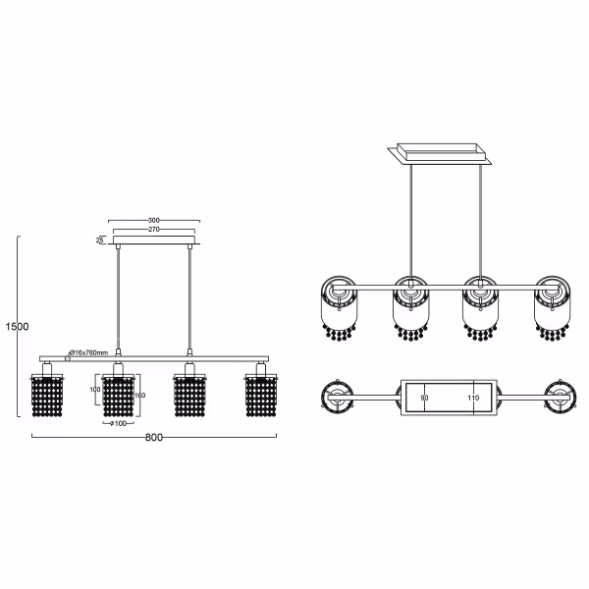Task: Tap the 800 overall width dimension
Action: click(x=152, y=437)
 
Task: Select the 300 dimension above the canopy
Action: click(x=152, y=221)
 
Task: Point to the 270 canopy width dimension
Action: click(x=152, y=230)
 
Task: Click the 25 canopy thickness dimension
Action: click(x=100, y=240)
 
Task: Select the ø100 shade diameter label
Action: click(x=118, y=423)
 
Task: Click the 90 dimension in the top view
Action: click(x=425, y=398)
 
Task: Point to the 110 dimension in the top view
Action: click(x=473, y=398)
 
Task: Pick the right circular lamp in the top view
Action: click(x=561, y=397)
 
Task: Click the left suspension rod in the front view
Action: click(x=118, y=299)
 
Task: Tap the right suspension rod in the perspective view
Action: click(x=480, y=221)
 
